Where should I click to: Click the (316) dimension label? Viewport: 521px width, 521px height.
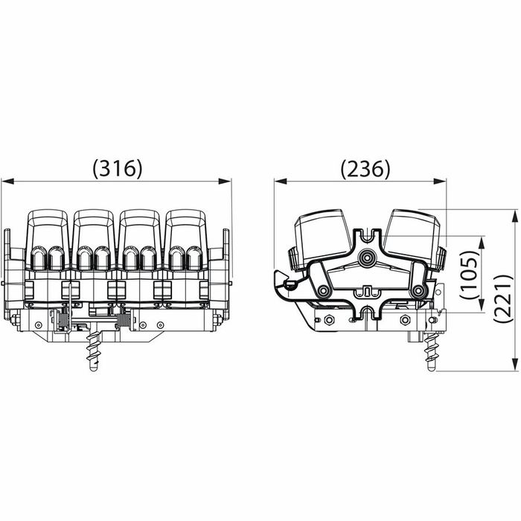point(118,168)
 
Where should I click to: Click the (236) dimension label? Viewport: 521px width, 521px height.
point(365,168)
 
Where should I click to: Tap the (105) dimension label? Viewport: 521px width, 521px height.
point(470,275)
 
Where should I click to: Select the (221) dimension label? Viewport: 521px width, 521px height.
point(503,298)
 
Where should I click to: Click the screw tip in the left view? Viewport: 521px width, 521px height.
point(94,368)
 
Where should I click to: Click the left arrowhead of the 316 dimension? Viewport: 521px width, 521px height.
point(7,181)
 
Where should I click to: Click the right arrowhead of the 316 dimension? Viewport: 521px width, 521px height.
point(224,181)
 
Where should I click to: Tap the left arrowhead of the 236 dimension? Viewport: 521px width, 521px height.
point(281,181)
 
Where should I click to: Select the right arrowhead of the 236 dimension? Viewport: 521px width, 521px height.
point(440,181)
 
